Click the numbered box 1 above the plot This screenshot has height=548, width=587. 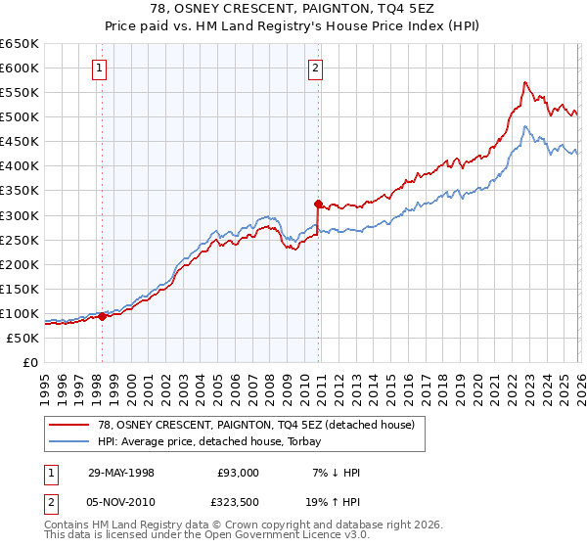click(102, 68)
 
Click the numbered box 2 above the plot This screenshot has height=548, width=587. click(316, 68)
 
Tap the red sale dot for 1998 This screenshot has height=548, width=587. click(103, 316)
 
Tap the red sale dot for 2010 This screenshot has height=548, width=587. click(318, 204)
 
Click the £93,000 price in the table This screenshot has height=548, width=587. click(239, 472)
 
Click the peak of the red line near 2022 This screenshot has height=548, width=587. click(525, 82)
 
